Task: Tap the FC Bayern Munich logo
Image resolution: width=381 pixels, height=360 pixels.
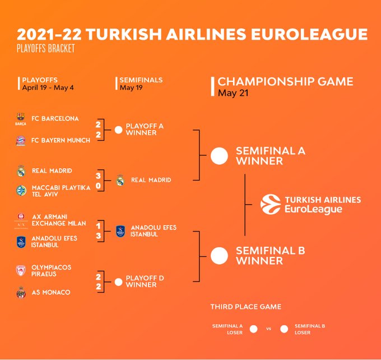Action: coord(21,141)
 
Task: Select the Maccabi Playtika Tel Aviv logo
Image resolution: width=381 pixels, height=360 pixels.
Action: coord(21,191)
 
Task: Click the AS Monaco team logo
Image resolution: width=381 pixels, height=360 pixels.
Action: coord(21,292)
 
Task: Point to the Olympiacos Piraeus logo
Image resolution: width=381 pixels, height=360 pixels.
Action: coord(21,271)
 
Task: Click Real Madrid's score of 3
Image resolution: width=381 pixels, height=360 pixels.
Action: coord(98,176)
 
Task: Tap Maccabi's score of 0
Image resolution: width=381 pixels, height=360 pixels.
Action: coord(98,186)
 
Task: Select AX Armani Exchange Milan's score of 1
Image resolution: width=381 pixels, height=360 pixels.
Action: coord(98,226)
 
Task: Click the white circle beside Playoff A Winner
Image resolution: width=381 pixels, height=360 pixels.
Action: coord(118,130)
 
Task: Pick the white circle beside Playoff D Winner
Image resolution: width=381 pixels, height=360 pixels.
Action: coord(118,282)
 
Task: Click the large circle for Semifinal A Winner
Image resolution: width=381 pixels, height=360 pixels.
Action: coord(219,156)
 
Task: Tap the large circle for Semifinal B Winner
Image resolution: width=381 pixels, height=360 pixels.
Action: coord(219,256)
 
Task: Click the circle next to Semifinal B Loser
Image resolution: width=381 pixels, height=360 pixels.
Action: coord(284,329)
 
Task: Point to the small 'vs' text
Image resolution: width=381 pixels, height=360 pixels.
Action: coord(268,329)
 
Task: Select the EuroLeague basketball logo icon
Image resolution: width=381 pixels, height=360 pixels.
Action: coord(271,204)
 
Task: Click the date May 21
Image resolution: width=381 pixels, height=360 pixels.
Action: coord(233,93)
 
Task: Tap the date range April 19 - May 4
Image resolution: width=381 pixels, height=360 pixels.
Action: coord(48,87)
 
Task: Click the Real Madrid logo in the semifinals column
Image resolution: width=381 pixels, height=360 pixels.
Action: coord(120,180)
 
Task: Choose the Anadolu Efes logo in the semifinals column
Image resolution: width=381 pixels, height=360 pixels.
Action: coord(120,231)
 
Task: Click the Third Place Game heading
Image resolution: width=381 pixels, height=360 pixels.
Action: coord(246,307)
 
